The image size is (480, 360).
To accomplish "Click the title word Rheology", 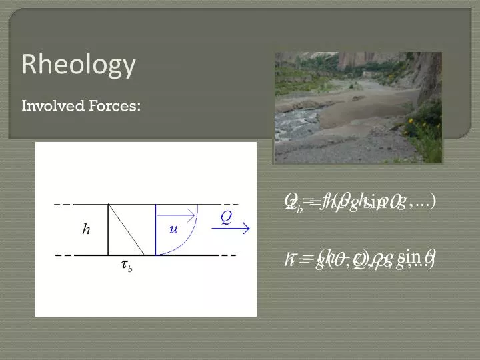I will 79,65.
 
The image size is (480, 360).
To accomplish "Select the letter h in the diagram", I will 86,229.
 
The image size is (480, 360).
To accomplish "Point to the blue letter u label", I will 173,229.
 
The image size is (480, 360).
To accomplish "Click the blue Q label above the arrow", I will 226,217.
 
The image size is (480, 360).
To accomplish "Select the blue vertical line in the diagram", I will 155,229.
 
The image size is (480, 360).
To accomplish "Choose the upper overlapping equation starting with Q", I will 360,201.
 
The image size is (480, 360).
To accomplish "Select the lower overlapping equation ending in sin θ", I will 360,257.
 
